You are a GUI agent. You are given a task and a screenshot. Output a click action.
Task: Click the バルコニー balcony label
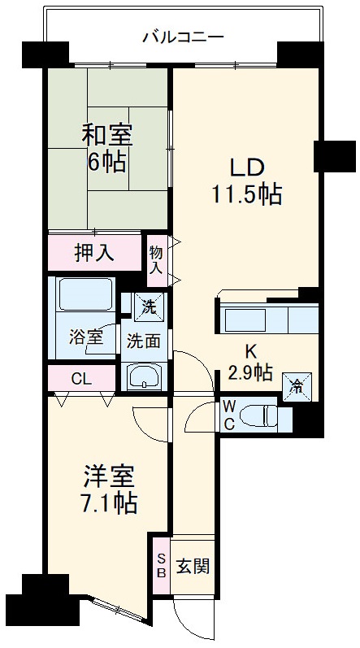(x=182, y=36)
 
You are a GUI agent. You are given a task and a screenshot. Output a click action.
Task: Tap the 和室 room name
(x=106, y=133)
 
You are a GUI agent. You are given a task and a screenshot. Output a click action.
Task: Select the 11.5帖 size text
(x=244, y=195)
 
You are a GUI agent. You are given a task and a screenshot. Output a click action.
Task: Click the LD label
(x=243, y=167)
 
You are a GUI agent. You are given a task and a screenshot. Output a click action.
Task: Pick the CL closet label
(x=81, y=379)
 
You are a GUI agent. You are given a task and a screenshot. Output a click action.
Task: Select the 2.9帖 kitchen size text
(x=250, y=372)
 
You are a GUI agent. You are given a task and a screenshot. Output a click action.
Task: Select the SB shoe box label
(x=160, y=565)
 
